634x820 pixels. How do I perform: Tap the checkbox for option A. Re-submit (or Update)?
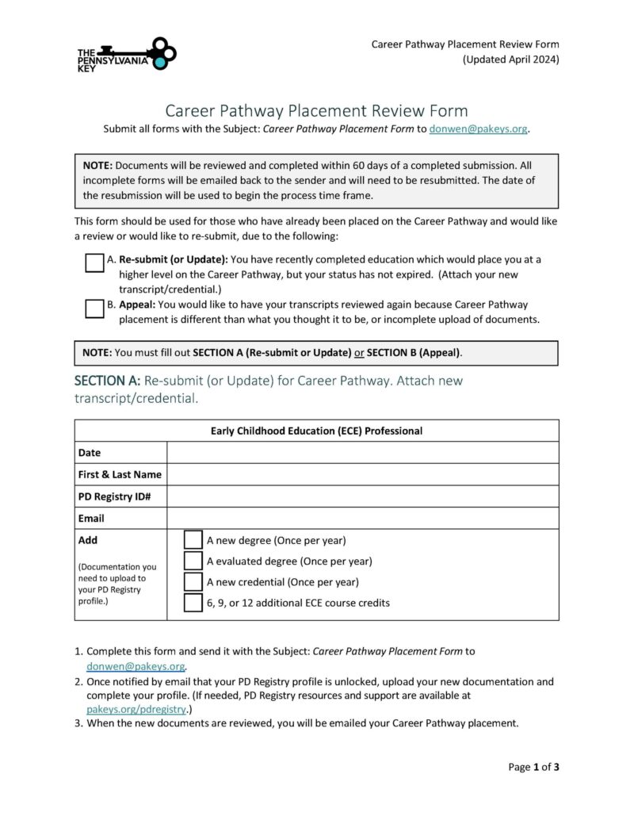94,263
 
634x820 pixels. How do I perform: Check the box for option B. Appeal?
94,308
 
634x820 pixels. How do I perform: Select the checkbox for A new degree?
193,540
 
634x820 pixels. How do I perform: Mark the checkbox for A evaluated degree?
193,561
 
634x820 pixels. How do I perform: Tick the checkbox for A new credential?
193,581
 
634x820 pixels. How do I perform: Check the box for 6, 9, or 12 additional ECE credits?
193,602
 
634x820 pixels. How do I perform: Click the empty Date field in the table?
362,453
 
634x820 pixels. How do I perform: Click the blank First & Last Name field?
362,474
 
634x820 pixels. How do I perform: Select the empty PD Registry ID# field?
362,496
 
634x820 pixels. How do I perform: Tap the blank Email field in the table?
362,518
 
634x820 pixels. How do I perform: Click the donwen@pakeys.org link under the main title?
478,128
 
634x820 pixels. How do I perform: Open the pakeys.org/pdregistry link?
136,708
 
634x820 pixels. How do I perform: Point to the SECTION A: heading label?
107,381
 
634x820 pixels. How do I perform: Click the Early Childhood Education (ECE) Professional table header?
316,431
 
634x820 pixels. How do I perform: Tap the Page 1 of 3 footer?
533,767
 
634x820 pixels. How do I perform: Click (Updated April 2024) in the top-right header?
510,59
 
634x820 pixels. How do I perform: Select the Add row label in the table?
88,540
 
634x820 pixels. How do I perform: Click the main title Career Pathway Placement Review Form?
316,110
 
